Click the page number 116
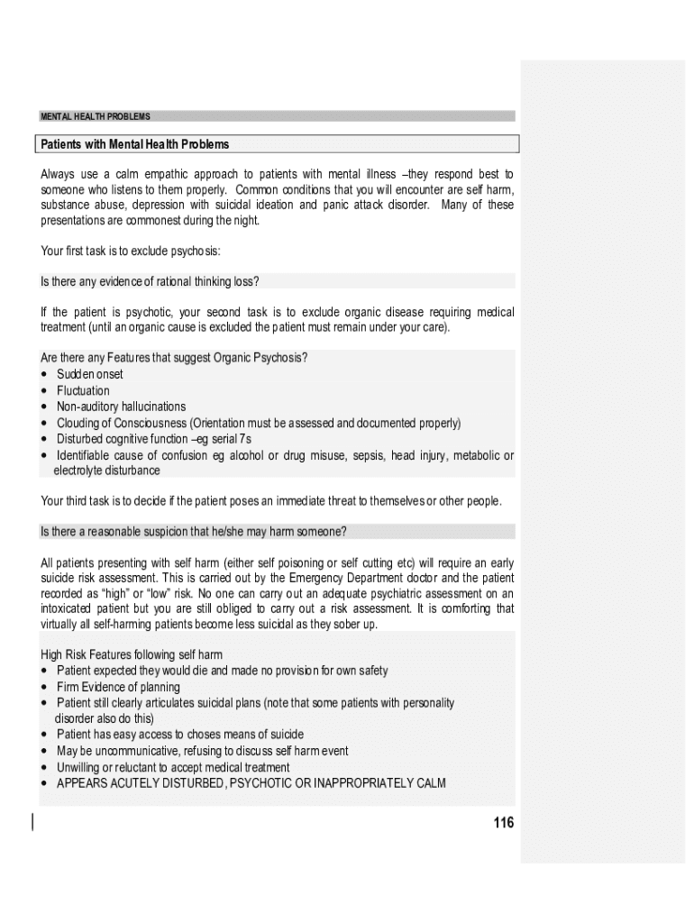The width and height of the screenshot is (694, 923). click(x=503, y=822)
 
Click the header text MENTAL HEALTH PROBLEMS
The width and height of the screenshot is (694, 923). click(x=96, y=116)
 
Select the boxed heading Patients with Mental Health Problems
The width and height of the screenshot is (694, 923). click(x=135, y=144)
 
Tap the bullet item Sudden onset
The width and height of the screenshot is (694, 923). click(x=89, y=374)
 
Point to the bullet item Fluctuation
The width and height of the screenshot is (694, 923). click(x=83, y=390)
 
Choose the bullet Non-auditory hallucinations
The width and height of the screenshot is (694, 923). click(x=121, y=407)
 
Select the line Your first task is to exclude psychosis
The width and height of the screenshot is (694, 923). click(x=131, y=250)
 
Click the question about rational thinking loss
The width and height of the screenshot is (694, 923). click(x=151, y=281)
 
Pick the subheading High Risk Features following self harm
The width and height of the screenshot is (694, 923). click(x=132, y=654)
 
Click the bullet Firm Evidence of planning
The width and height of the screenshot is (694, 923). click(x=118, y=687)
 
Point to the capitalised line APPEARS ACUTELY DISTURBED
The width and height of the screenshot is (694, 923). click(x=251, y=783)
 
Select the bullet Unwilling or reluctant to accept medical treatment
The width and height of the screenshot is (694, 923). click(x=173, y=767)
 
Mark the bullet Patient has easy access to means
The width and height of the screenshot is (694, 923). click(x=180, y=735)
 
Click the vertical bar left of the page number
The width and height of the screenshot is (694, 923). click(x=33, y=821)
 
